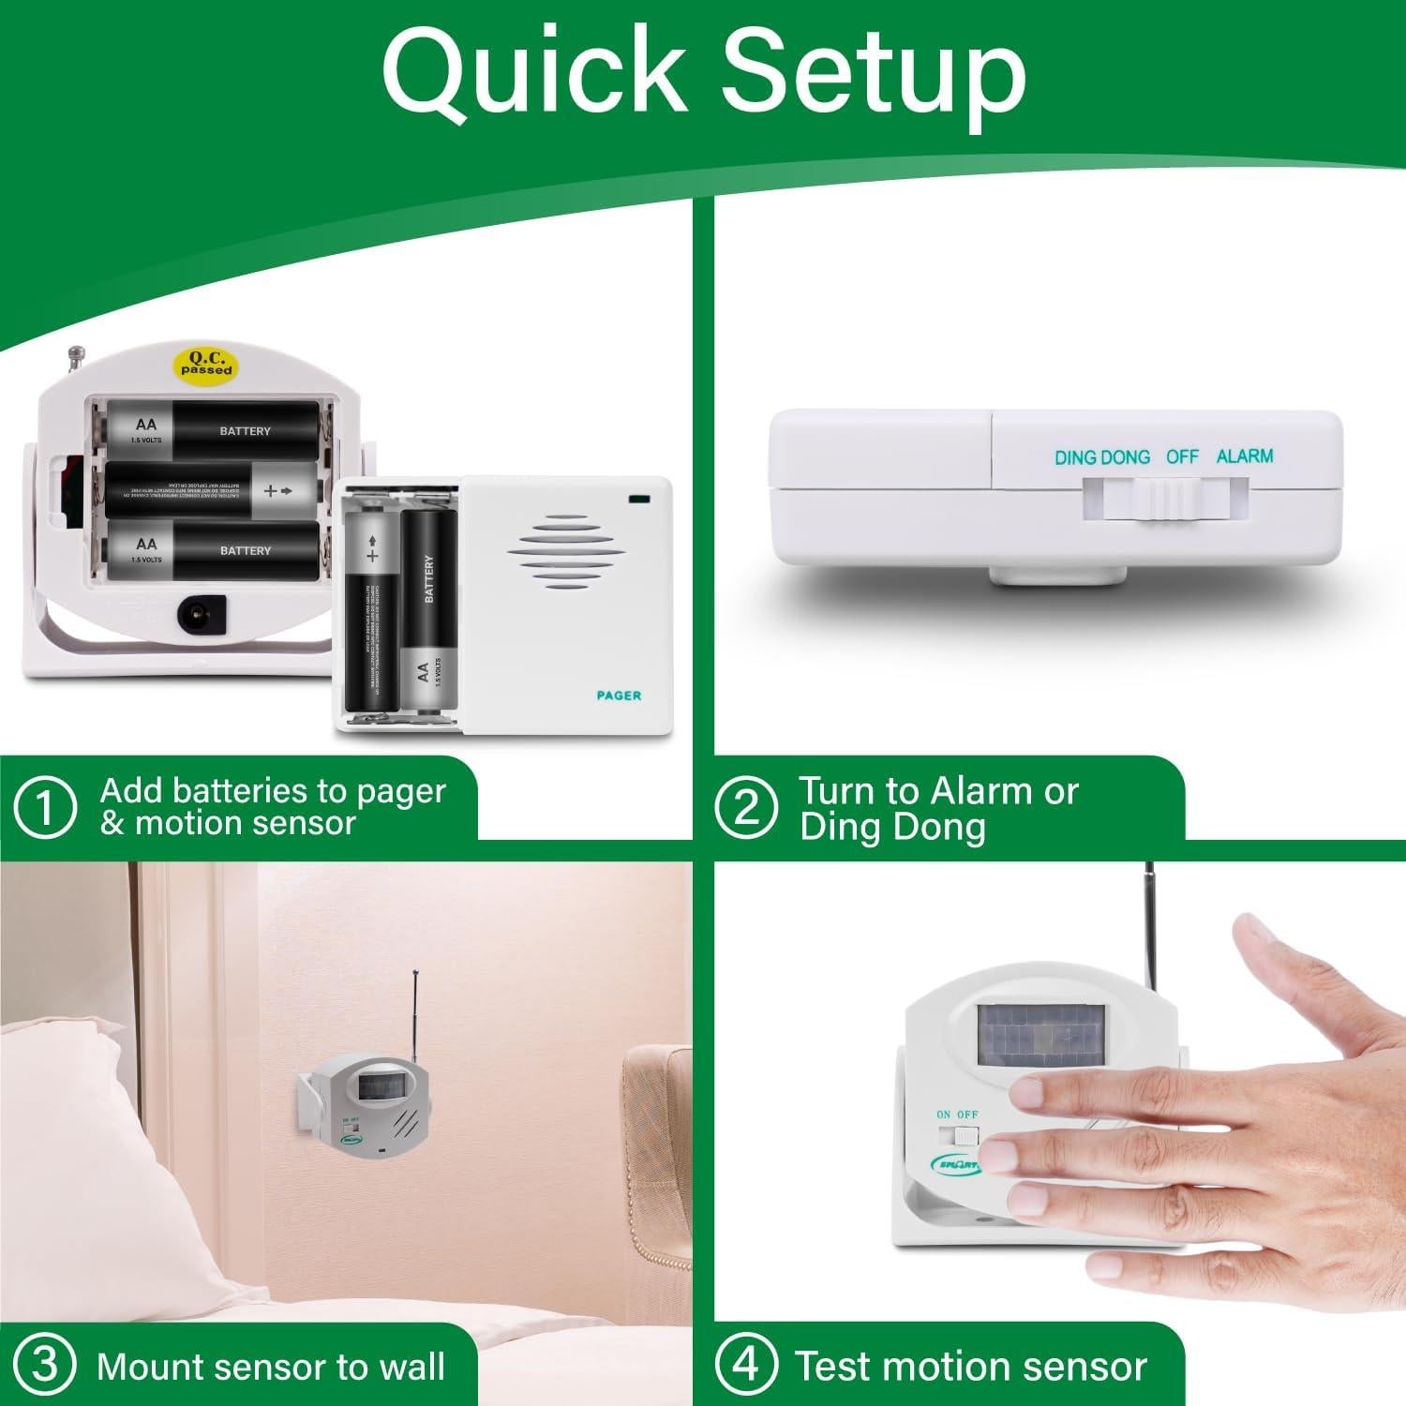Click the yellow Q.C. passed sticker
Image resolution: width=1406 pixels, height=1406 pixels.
coord(206,364)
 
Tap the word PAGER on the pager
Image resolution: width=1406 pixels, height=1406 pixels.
coord(619,696)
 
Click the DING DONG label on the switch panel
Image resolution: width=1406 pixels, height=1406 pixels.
coord(1102,457)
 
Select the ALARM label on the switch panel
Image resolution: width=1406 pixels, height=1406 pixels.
coord(1244,456)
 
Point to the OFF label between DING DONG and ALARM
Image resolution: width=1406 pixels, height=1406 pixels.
coord(1182,456)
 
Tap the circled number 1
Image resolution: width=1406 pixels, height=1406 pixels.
coord(44,807)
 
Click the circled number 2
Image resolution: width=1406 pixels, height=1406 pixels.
coord(745,807)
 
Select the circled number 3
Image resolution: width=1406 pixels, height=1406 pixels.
coord(44,1365)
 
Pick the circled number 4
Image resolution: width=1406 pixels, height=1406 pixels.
coord(745,1365)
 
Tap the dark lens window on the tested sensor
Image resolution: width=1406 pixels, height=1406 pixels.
coord(1040,1035)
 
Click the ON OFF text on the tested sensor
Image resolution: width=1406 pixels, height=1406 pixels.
coord(957,1114)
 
